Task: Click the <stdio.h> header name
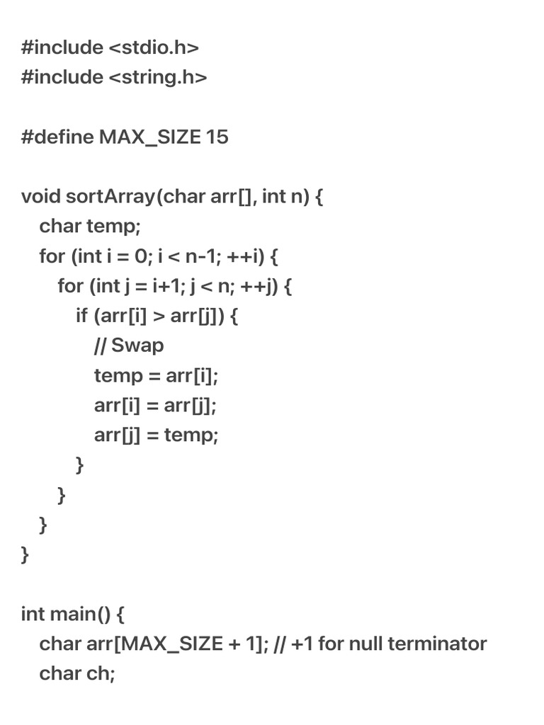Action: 154,47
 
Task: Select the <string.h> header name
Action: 158,77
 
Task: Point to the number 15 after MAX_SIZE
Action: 217,137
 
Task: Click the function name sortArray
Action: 109,196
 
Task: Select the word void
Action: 41,196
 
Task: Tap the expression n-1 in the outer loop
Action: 202,256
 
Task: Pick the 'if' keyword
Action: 81,316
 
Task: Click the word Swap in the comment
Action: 137,346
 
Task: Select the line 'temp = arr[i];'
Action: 156,375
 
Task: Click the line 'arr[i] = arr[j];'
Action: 155,406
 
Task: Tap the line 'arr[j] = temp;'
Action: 156,435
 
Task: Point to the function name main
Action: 72,614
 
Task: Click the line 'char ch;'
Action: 76,673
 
